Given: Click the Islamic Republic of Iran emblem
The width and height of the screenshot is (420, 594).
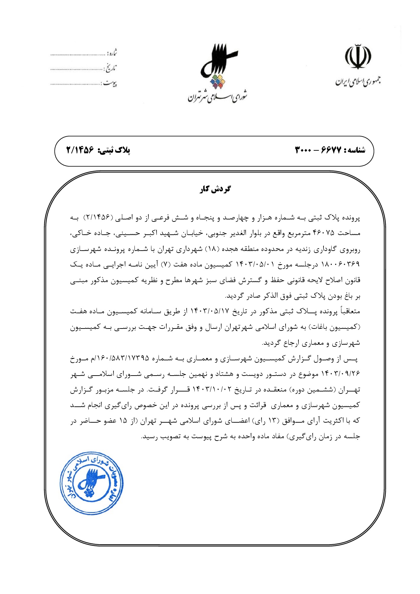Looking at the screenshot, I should [358, 57].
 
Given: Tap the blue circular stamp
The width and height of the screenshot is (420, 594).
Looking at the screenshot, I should [91, 483].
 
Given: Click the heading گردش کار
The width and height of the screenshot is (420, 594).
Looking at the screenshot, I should [215, 189].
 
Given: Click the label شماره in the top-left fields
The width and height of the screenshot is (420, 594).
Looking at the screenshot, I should [112, 53].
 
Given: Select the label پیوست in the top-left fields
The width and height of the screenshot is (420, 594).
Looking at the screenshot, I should [110, 83].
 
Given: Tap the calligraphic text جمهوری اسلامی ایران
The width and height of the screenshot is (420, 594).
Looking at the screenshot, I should [358, 82].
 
